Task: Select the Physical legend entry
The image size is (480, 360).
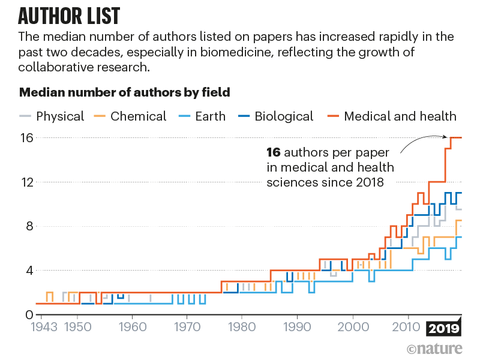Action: coord(60,116)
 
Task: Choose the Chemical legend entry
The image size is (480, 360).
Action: coord(138,116)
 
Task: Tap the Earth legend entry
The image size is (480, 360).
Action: coord(210,116)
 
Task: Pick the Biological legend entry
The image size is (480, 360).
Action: coord(283,116)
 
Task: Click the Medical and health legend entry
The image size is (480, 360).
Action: coord(400,116)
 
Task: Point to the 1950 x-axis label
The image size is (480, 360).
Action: coord(76,329)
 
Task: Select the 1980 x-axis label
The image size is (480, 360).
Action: coord(242,329)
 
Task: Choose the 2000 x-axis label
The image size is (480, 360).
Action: coord(353,329)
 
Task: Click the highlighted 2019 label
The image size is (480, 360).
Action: coord(443,329)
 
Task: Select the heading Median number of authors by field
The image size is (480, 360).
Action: coord(125,93)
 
